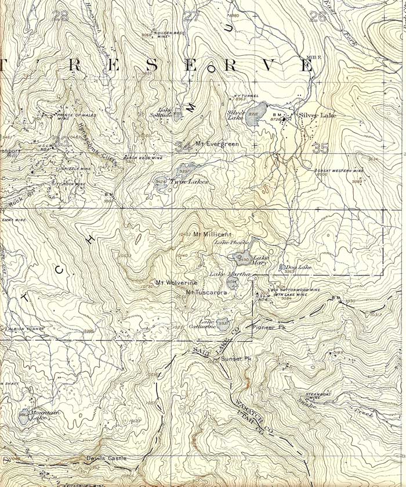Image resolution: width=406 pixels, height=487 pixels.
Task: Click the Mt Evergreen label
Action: point(217,144)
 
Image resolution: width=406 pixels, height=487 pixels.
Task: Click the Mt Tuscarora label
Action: point(206,292)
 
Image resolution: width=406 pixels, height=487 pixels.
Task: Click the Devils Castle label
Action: point(106,459)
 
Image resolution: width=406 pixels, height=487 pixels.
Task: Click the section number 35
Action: point(320,148)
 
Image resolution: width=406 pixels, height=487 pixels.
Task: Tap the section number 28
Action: point(60,16)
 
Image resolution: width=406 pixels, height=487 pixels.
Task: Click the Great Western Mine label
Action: point(339,171)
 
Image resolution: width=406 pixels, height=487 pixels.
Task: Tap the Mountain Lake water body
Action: point(23,417)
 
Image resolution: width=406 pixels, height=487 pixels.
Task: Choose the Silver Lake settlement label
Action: point(317,116)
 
